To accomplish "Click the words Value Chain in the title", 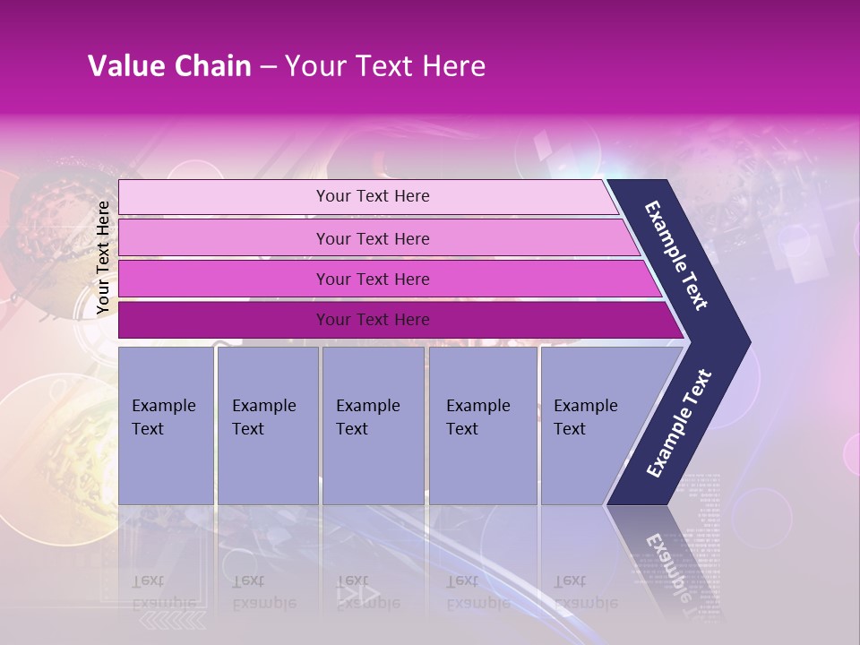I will tap(169, 66).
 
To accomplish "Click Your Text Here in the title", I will tap(385, 66).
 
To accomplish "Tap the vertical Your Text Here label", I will tap(103, 257).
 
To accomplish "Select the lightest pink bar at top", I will tap(224, 196).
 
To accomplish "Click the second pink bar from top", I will tap(224, 238).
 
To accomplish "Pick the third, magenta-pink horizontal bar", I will tap(224, 279).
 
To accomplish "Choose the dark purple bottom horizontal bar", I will tap(224, 320).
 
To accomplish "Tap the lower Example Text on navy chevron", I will tap(679, 423).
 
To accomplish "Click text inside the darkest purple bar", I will tap(373, 320).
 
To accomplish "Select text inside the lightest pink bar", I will tap(373, 196).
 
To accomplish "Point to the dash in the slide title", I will tap(267, 67).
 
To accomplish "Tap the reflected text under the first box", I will tap(164, 591).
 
